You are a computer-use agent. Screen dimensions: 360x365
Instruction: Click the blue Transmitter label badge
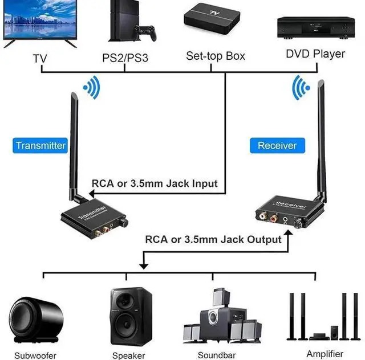(x=40, y=145)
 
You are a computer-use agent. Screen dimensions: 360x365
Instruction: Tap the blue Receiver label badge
(x=277, y=145)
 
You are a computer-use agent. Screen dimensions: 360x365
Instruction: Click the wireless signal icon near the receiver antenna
(x=299, y=87)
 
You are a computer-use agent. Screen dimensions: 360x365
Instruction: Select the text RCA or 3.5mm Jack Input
(x=155, y=184)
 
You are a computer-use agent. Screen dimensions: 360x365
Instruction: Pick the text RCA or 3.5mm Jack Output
(x=213, y=239)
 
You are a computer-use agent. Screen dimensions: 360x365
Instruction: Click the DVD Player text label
(x=315, y=54)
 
